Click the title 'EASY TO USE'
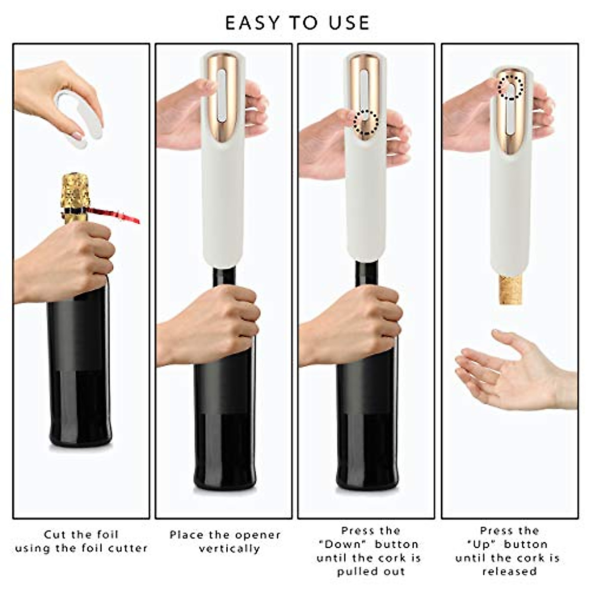click(297, 23)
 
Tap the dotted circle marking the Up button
click(511, 87)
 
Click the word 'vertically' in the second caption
click(229, 548)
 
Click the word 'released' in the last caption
click(509, 571)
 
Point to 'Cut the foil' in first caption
click(81, 535)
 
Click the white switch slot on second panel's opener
click(222, 96)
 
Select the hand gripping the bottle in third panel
click(353, 324)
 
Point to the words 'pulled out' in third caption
click(371, 571)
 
